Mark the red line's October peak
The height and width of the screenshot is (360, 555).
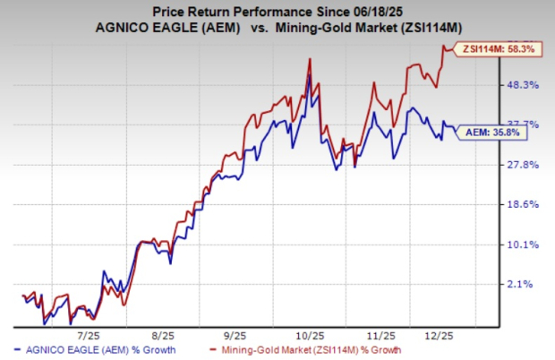coord(310,59)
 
